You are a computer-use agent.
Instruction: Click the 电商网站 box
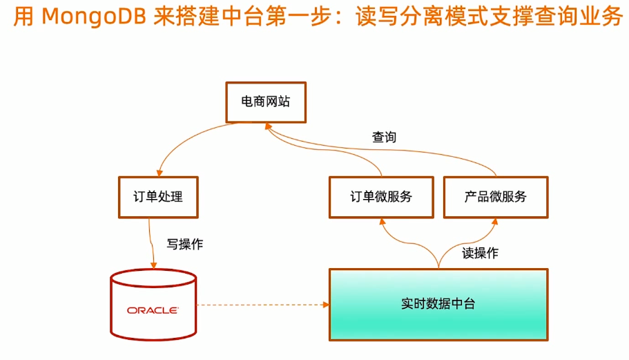[x=266, y=102]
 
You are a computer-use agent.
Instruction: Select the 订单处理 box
[x=158, y=197]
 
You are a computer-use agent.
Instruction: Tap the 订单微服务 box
[x=381, y=197]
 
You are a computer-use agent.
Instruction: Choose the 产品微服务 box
[x=496, y=197]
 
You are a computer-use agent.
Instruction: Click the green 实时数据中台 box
[x=438, y=305]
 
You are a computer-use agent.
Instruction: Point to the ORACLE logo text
[x=153, y=310]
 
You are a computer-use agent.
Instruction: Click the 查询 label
[x=384, y=138]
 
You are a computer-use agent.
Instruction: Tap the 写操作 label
[x=185, y=244]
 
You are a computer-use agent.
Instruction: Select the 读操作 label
[x=480, y=253]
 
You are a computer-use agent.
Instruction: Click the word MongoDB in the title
[x=94, y=17]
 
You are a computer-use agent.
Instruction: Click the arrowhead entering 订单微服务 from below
[x=383, y=222]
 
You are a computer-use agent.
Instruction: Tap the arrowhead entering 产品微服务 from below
[x=495, y=222]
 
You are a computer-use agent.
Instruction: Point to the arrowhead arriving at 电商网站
[x=269, y=126]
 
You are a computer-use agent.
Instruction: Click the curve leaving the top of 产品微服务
[x=381, y=149]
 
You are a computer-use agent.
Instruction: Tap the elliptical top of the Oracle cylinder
[x=153, y=270]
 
